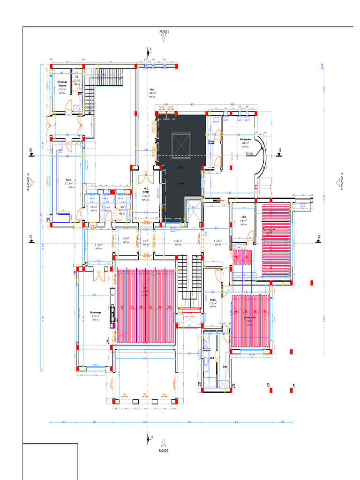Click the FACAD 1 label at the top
164,31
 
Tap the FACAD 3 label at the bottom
164,450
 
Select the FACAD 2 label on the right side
342,181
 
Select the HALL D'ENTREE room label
146,193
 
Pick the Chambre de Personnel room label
62,83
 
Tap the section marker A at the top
149,52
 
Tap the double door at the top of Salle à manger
99,276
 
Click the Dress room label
225,367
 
